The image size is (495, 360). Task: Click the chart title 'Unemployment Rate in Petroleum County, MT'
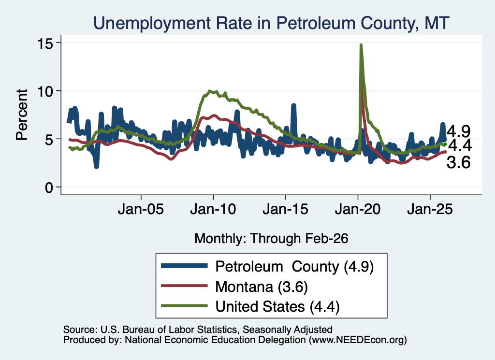click(x=271, y=23)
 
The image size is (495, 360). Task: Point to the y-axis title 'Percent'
click(x=22, y=115)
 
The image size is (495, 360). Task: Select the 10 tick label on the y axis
click(x=45, y=92)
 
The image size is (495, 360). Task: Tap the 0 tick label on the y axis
click(x=49, y=188)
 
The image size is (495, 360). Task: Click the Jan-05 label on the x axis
click(x=141, y=209)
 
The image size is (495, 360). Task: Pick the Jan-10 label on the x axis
click(x=213, y=209)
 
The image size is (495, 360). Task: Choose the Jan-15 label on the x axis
click(x=285, y=209)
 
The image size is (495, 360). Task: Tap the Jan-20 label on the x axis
click(x=358, y=209)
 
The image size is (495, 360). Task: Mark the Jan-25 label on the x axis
click(x=430, y=209)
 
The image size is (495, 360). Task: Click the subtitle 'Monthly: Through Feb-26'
click(x=271, y=238)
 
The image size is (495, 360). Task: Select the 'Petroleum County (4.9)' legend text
click(x=294, y=267)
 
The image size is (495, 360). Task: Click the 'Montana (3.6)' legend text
click(x=262, y=287)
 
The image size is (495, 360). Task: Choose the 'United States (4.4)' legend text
click(x=277, y=307)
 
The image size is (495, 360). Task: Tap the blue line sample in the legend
click(x=184, y=266)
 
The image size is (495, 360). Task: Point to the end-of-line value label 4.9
click(x=458, y=131)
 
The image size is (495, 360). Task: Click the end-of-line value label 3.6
click(x=458, y=163)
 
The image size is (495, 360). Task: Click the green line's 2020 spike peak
click(x=361, y=45)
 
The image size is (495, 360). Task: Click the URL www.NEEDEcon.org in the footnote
click(x=357, y=340)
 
